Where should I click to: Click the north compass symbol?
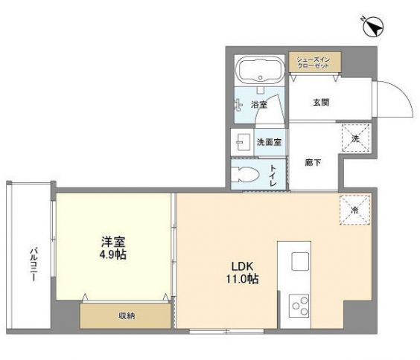(x=372, y=28)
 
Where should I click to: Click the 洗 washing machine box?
(x=354, y=138)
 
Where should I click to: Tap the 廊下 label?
(x=314, y=163)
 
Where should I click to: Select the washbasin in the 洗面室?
(x=242, y=141)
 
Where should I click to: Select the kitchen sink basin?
(x=300, y=262)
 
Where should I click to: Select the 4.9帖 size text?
(x=113, y=254)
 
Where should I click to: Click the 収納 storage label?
(x=126, y=316)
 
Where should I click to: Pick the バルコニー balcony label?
(x=34, y=263)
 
